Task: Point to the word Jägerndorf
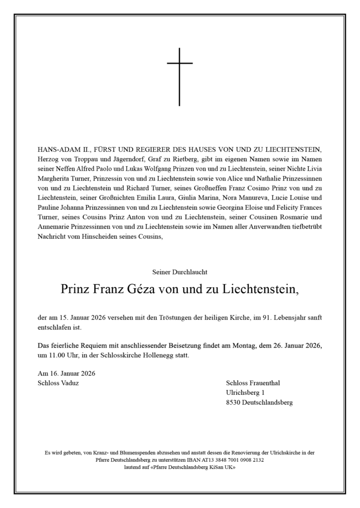(125, 160)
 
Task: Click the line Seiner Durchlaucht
(180, 272)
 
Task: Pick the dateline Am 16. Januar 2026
(67, 373)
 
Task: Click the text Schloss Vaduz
(58, 383)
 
